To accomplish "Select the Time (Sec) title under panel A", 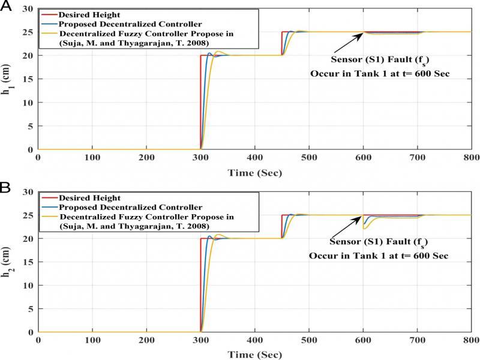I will point(254,173).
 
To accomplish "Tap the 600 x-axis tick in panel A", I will point(362,157).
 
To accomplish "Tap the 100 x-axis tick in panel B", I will point(92,340).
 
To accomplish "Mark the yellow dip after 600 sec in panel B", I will point(365,228).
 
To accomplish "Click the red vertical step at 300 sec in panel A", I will point(200,102).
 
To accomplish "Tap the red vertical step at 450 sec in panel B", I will point(281,227).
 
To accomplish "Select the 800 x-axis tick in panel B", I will point(471,340).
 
